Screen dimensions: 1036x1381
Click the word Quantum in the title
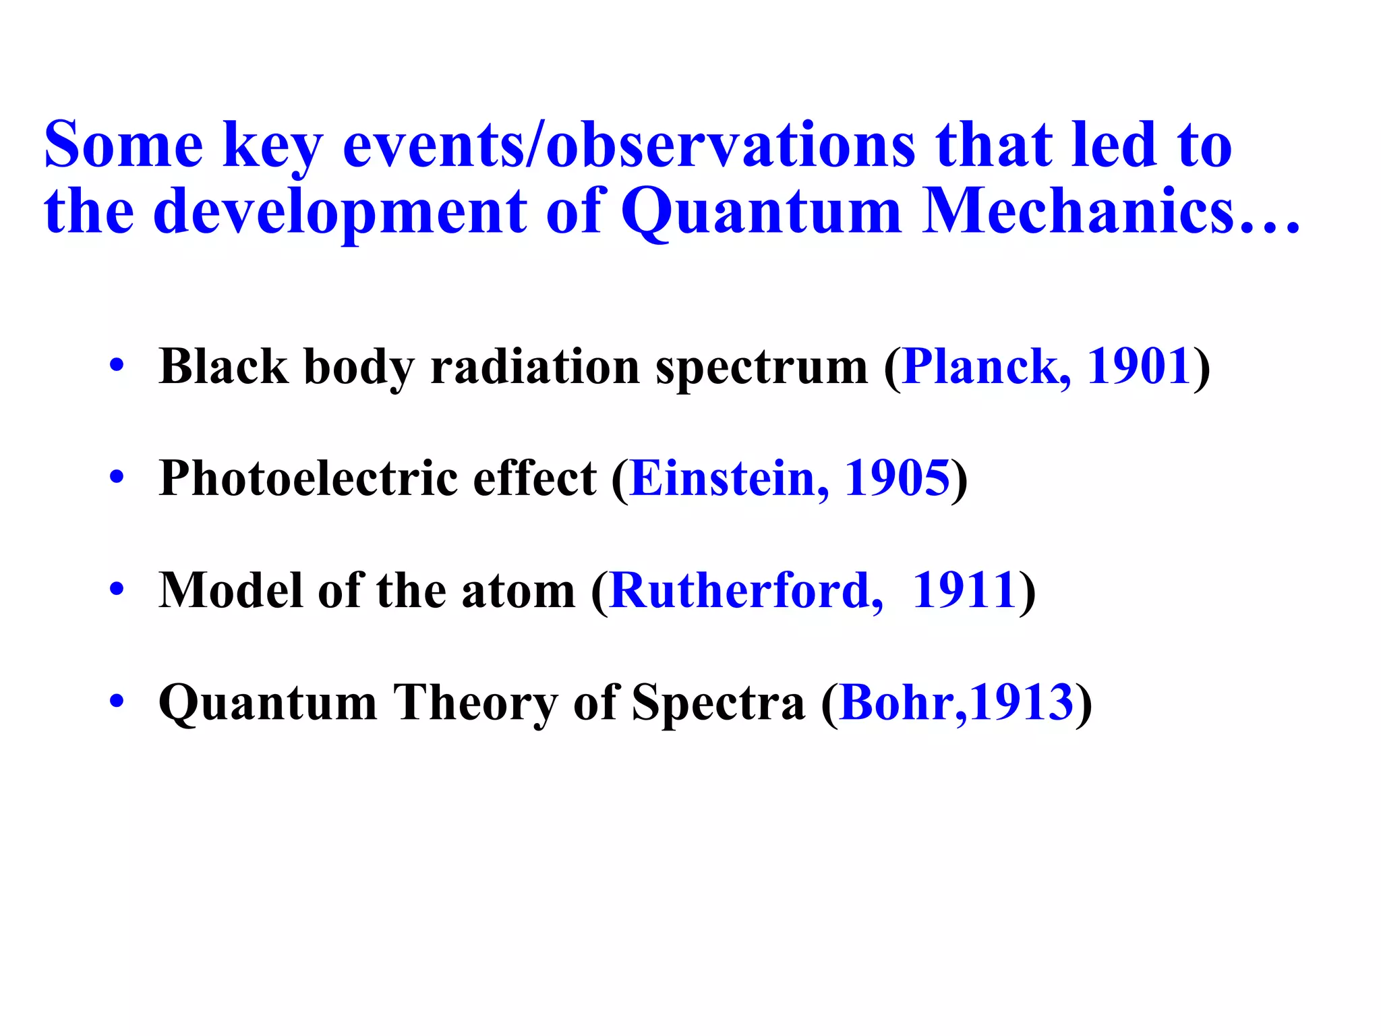point(761,212)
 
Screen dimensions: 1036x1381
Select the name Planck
point(985,367)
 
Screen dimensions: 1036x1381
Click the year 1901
point(1138,367)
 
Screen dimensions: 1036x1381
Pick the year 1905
point(897,479)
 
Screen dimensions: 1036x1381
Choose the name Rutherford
point(746,591)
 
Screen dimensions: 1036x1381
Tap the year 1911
point(964,591)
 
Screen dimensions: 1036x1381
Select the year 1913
point(1022,703)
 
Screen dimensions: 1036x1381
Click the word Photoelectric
point(310,479)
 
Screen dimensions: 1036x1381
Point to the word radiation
point(535,367)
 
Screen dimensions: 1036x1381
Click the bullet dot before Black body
point(117,366)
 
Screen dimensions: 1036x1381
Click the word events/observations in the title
point(628,146)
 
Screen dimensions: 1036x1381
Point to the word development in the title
point(341,212)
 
